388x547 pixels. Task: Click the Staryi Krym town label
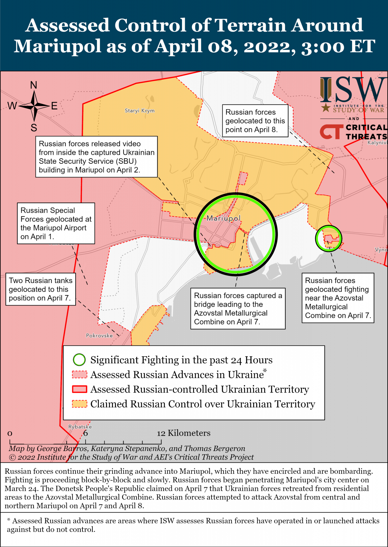coord(140,111)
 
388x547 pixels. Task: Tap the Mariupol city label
coord(224,218)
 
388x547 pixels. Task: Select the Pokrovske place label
coord(99,336)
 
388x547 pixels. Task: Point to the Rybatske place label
coord(80,427)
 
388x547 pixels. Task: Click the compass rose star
coord(34,106)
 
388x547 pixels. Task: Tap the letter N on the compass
coord(34,85)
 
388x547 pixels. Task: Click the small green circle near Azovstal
coord(328,238)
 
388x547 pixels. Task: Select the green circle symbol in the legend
coord(79,360)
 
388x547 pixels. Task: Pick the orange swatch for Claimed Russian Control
coord(79,404)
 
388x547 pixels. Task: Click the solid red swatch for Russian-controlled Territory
coord(79,389)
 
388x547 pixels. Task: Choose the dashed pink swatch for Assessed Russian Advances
coord(79,374)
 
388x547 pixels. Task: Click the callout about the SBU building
coord(96,157)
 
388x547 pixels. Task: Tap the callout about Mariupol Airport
coord(56,223)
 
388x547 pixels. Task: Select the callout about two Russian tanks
coord(40,289)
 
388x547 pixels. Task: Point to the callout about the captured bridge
coord(238,309)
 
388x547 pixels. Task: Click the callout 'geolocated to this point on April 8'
coord(255,121)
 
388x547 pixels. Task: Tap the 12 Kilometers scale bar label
coord(184,433)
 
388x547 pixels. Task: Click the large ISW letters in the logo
coord(352,90)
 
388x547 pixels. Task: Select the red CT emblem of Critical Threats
coord(331,132)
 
